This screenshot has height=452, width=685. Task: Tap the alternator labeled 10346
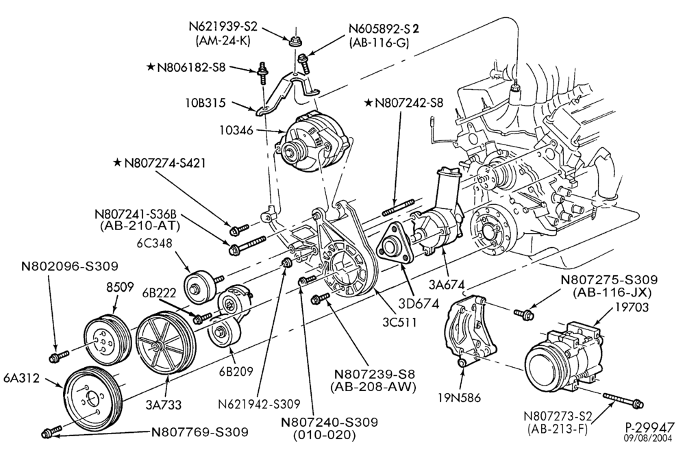[x=312, y=143]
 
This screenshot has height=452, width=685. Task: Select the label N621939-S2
[x=223, y=26]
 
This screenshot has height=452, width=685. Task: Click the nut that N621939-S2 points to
[x=295, y=42]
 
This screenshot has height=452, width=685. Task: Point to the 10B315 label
[x=204, y=103]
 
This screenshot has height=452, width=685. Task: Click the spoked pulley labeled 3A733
[x=162, y=343]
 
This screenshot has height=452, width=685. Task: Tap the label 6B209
[x=237, y=371]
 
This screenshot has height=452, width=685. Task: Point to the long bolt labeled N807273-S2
[x=623, y=401]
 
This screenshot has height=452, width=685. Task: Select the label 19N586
[x=459, y=397]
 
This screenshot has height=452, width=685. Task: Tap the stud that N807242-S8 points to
[x=398, y=208]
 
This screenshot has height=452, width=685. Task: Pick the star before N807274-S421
[x=116, y=162]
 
